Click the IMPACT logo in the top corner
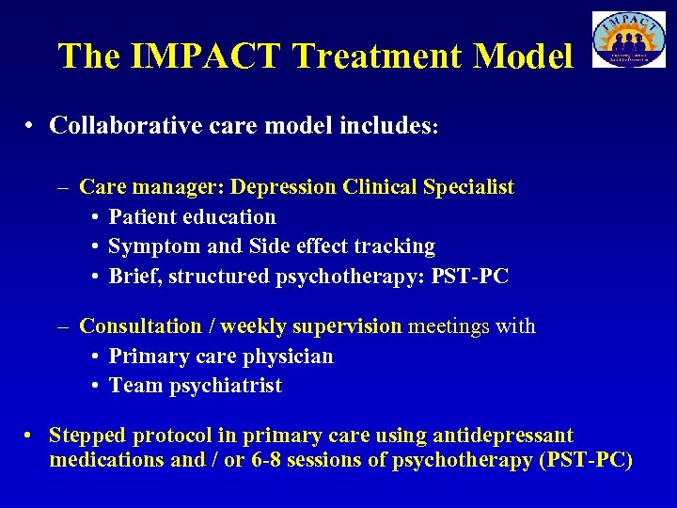pos(628,40)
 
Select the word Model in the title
pos(523,56)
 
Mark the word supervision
pos(347,326)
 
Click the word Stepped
pos(87,436)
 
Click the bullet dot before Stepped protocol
pos(31,437)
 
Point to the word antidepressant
pos(502,436)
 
